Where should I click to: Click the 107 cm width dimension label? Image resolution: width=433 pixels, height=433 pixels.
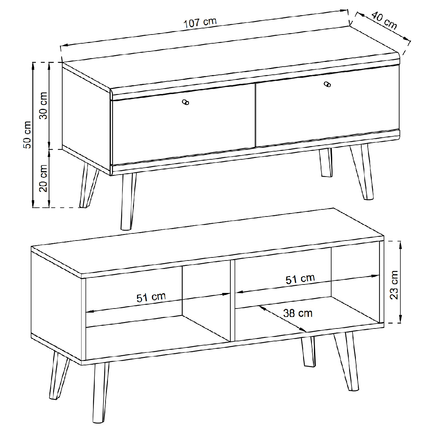[200, 23]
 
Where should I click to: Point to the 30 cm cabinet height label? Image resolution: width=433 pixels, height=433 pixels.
[43, 106]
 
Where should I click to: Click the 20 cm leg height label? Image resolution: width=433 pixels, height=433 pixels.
[43, 178]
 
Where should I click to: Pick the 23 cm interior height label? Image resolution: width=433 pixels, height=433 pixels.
[394, 285]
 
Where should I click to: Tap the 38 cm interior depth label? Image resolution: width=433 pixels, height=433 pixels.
[298, 313]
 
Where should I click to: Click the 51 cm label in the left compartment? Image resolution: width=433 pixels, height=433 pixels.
[151, 297]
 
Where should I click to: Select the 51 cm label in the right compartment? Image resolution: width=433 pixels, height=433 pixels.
[300, 279]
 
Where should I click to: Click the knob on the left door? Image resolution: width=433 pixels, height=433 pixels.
[186, 102]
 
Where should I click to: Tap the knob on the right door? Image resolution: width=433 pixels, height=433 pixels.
[327, 84]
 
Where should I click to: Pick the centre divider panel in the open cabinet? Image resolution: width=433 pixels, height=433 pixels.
[232, 301]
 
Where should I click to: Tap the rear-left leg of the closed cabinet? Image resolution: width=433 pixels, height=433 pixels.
[89, 186]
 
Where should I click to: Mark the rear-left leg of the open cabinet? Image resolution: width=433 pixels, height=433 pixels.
[59, 375]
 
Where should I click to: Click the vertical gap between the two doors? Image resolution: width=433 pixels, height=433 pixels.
[256, 115]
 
